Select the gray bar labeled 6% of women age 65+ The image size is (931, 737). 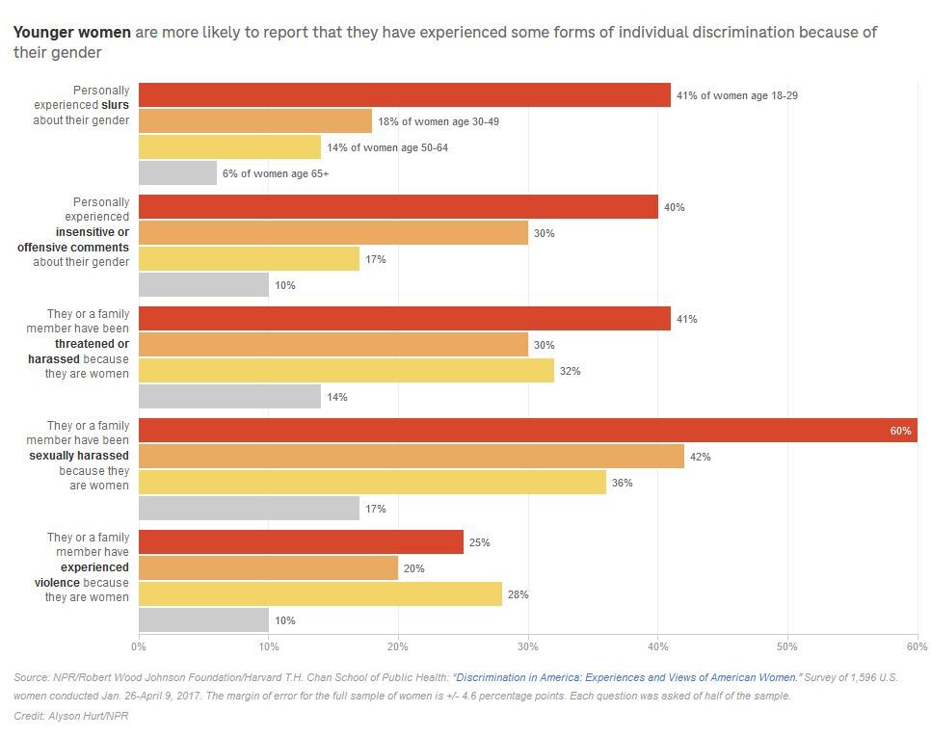click(x=178, y=173)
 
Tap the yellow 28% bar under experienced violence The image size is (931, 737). click(x=320, y=594)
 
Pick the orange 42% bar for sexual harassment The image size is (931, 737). click(x=412, y=457)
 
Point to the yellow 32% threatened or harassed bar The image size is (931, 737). click(x=347, y=371)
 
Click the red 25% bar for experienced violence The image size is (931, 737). click(x=301, y=542)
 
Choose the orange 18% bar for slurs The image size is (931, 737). click(x=255, y=121)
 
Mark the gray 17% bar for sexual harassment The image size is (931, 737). click(x=249, y=509)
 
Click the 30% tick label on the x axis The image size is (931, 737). click(x=528, y=645)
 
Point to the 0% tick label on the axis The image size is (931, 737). click(x=139, y=645)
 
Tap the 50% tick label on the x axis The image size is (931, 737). click(x=787, y=645)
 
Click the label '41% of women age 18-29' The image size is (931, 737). click(x=736, y=95)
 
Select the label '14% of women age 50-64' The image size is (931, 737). click(x=387, y=147)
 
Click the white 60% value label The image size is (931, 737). click(x=900, y=431)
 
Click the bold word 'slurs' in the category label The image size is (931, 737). click(x=116, y=105)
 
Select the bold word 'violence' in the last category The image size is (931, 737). click(x=58, y=582)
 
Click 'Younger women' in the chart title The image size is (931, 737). click(x=72, y=32)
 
